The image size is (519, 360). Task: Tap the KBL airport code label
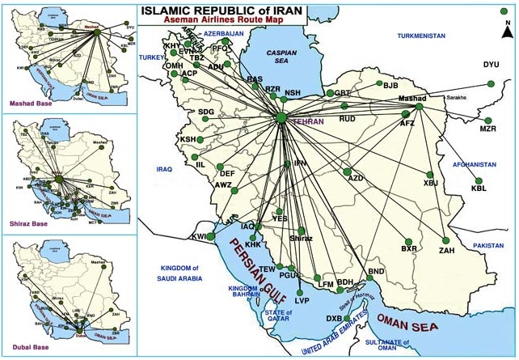click(480, 188)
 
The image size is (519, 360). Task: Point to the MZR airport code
click(487, 129)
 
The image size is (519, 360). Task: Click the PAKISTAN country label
click(489, 244)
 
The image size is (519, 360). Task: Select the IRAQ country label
click(165, 169)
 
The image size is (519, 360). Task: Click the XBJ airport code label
click(430, 183)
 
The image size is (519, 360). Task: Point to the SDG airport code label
click(206, 112)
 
